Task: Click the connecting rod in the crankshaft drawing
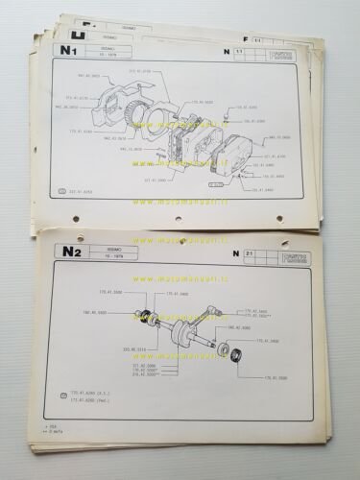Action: pos(188,331)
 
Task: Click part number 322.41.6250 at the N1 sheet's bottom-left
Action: pos(86,192)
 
